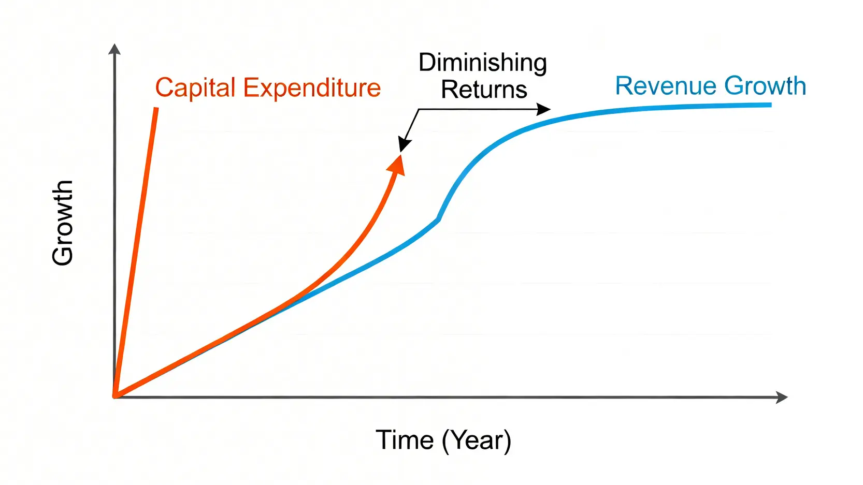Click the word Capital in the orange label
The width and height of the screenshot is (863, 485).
pyautogui.click(x=195, y=89)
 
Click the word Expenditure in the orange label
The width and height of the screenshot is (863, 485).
pyautogui.click(x=312, y=88)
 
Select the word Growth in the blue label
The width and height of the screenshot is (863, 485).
pyautogui.click(x=766, y=85)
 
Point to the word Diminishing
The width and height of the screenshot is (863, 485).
pyautogui.click(x=483, y=63)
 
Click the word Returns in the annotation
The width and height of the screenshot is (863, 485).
pyautogui.click(x=484, y=90)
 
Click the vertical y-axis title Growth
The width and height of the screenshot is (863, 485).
pyautogui.click(x=62, y=223)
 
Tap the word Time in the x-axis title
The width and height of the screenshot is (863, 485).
pyautogui.click(x=405, y=439)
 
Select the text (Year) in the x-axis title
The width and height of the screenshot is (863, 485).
pyautogui.click(x=477, y=440)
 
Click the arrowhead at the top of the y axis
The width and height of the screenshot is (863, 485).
pyautogui.click(x=114, y=49)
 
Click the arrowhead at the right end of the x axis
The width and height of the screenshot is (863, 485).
pyautogui.click(x=782, y=397)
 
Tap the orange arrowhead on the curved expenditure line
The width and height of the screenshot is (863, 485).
pyautogui.click(x=397, y=165)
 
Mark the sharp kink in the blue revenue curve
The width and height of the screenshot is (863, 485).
pyautogui.click(x=438, y=219)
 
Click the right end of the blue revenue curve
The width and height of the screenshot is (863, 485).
pyautogui.click(x=771, y=105)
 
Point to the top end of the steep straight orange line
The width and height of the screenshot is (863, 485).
pyautogui.click(x=156, y=109)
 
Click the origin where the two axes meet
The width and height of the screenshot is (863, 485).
pyautogui.click(x=115, y=397)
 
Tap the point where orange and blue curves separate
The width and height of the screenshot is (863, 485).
pyautogui.click(x=283, y=307)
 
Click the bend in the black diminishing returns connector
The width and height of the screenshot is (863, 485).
pyautogui.click(x=419, y=110)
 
